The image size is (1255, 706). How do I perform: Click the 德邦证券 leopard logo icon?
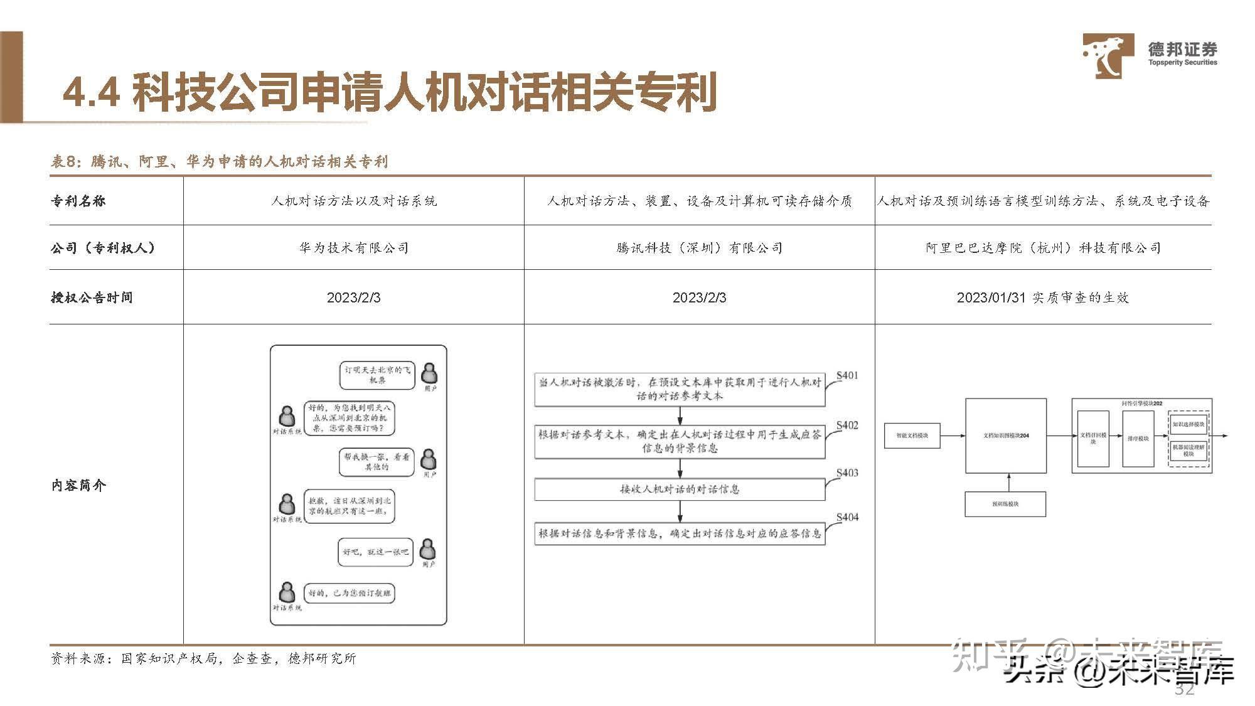click(1108, 55)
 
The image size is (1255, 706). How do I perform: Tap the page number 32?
click(1184, 689)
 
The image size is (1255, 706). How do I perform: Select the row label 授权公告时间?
click(92, 297)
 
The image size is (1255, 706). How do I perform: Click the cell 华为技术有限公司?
click(353, 248)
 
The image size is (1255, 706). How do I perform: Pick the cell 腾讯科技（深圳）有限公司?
click(699, 248)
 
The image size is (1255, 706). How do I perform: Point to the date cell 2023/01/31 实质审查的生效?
click(1042, 297)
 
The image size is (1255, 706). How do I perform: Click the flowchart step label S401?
click(847, 375)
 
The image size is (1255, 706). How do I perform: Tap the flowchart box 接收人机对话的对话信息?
click(680, 489)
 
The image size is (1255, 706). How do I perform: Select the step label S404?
click(847, 517)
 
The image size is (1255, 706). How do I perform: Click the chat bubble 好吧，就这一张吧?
click(375, 552)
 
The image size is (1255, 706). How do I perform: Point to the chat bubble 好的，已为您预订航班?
click(350, 593)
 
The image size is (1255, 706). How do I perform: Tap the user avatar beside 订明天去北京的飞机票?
click(429, 373)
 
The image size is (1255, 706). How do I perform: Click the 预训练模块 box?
click(1005, 504)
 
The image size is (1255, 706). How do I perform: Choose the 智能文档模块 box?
click(912, 436)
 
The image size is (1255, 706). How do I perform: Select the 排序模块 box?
click(1138, 438)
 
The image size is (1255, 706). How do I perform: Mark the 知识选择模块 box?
click(1188, 424)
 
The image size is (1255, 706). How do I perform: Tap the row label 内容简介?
click(78, 485)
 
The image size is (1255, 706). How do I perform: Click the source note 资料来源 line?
click(203, 658)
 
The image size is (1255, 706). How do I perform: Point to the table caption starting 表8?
click(219, 161)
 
